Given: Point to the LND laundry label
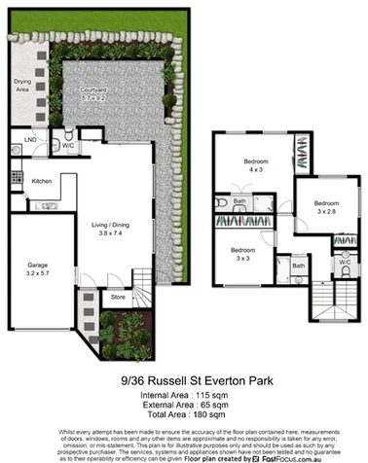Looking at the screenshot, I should pyautogui.click(x=30, y=140).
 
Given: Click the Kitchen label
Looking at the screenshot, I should pyautogui.click(x=41, y=181).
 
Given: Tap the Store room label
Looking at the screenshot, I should pyautogui.click(x=117, y=296).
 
